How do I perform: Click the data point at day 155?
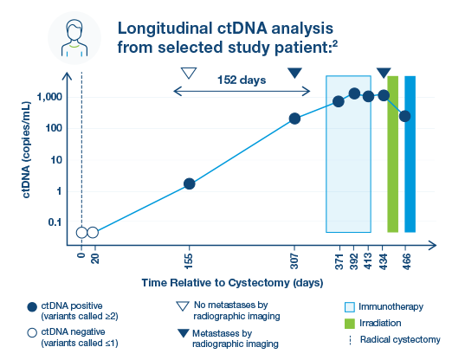[189, 183]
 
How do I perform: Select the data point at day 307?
[294, 119]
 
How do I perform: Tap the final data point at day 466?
[404, 116]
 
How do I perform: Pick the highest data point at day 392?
[354, 94]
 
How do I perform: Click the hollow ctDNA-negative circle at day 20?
[93, 233]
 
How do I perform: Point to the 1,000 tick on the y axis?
[49, 97]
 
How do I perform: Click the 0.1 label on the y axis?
[55, 222]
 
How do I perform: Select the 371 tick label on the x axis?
[339, 261]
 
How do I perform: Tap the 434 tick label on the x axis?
[383, 261]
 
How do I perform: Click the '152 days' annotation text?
[242, 80]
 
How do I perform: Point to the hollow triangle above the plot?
[189, 73]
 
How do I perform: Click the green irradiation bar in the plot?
[392, 154]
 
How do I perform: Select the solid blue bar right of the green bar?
[410, 154]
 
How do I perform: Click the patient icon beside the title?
[74, 38]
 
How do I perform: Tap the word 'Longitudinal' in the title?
[165, 29]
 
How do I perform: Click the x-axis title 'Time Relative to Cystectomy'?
[216, 283]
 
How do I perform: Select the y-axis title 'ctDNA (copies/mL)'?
[26, 150]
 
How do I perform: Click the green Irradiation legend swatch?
[350, 324]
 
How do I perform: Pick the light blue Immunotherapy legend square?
[350, 307]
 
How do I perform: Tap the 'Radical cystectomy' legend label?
[400, 339]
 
